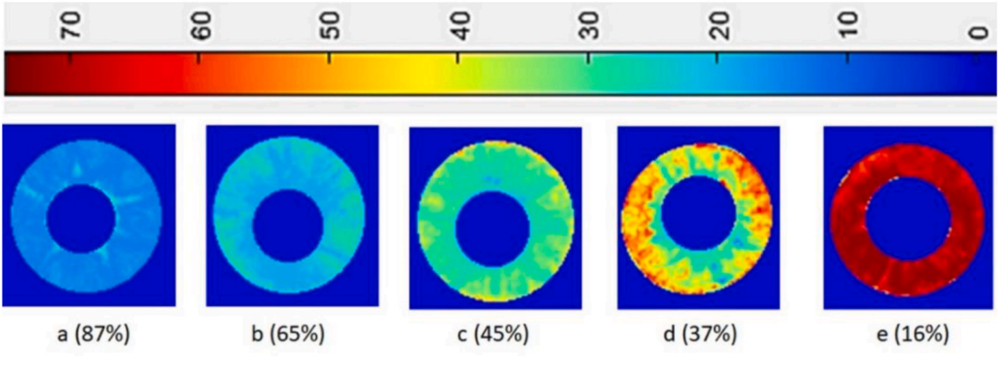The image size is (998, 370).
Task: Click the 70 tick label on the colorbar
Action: coord(71,28)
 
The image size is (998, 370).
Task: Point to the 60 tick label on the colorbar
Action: coord(201,28)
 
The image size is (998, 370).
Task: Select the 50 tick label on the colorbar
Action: coord(331,28)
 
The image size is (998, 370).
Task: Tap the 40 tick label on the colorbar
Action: coord(460,28)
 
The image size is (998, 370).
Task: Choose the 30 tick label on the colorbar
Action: coord(589,28)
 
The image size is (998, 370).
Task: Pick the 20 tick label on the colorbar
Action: coord(719,28)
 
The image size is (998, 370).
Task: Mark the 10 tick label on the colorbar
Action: coord(848,28)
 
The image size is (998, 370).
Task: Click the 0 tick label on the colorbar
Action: coord(979,31)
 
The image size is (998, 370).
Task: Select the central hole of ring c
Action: coord(493,229)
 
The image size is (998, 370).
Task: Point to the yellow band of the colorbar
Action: coord(426,73)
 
